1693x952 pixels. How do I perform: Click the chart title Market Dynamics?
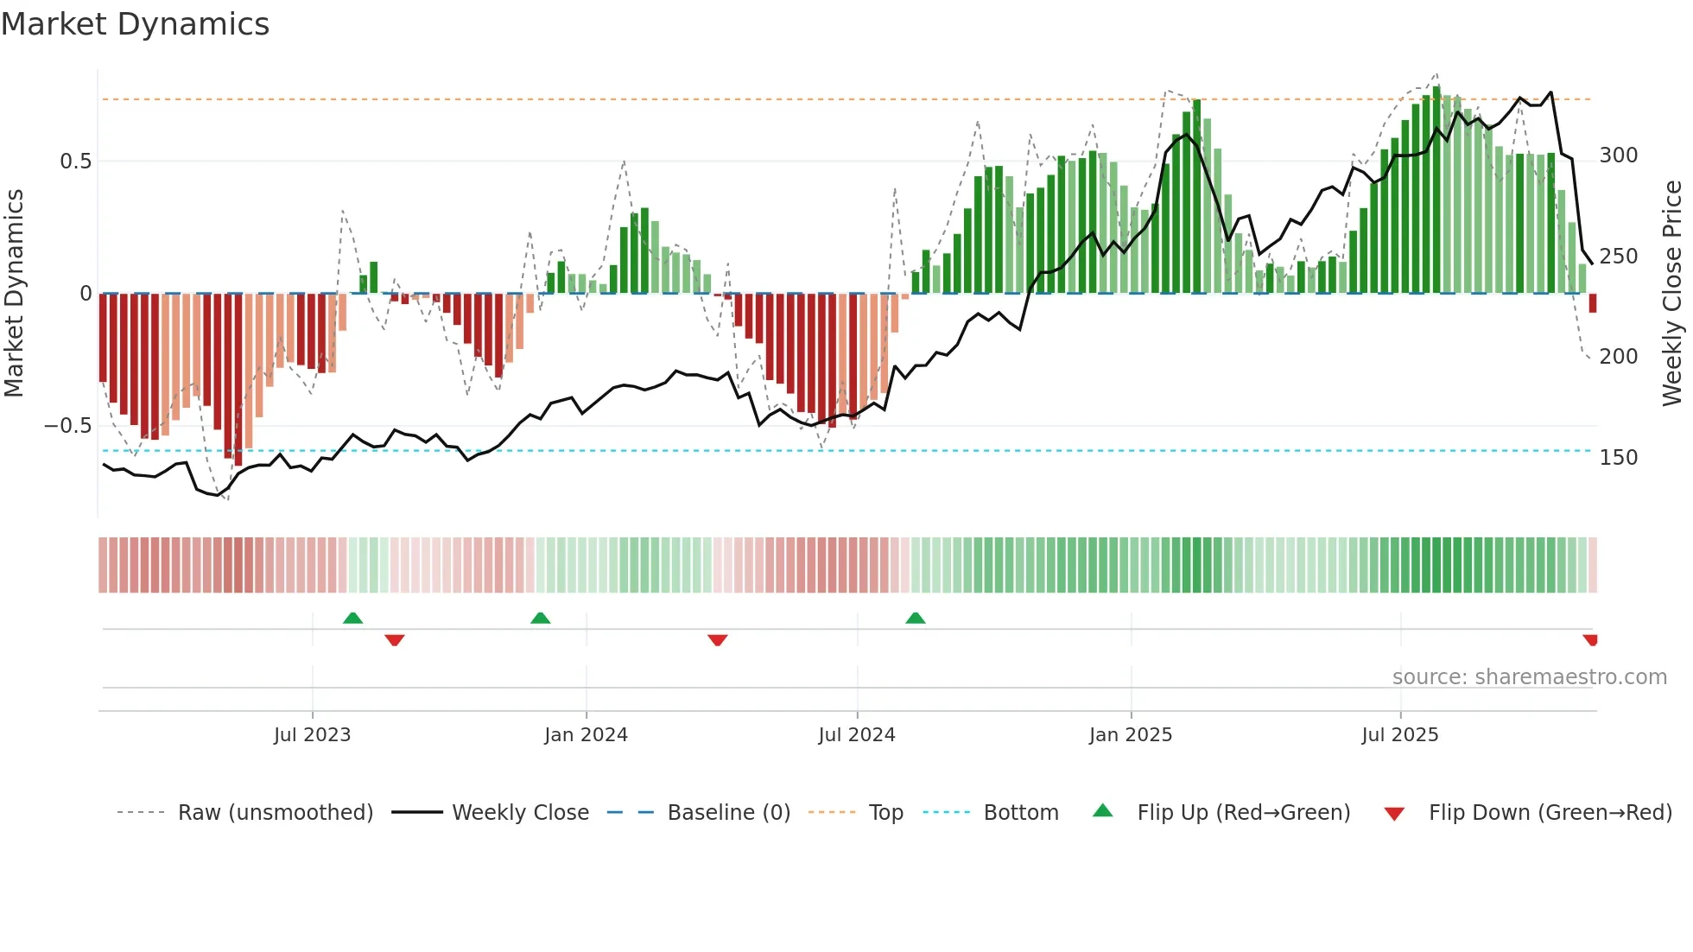136,24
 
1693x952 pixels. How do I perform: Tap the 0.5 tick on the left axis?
75,162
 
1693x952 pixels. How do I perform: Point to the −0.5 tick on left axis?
68,426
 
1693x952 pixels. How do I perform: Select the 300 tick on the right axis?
1618,155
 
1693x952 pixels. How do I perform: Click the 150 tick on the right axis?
1618,458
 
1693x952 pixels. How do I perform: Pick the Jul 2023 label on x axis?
312,735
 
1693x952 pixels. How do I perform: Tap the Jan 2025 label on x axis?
1130,735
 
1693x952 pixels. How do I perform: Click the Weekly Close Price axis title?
1672,294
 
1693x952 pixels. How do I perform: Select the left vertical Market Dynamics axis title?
15,294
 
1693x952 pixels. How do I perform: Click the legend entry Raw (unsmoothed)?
275,813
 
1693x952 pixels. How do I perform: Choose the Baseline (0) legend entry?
728,813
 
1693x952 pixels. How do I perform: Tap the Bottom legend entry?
1020,813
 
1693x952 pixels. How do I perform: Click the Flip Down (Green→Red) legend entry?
1550,813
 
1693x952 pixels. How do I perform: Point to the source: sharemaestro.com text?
1529,677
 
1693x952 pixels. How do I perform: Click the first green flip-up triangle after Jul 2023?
352,619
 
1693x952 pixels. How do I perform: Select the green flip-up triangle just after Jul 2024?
916,619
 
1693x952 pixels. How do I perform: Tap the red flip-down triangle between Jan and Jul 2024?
718,639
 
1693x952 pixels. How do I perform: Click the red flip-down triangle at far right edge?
1590,639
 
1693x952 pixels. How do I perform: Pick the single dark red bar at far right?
1593,303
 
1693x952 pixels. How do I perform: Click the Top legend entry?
885,813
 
